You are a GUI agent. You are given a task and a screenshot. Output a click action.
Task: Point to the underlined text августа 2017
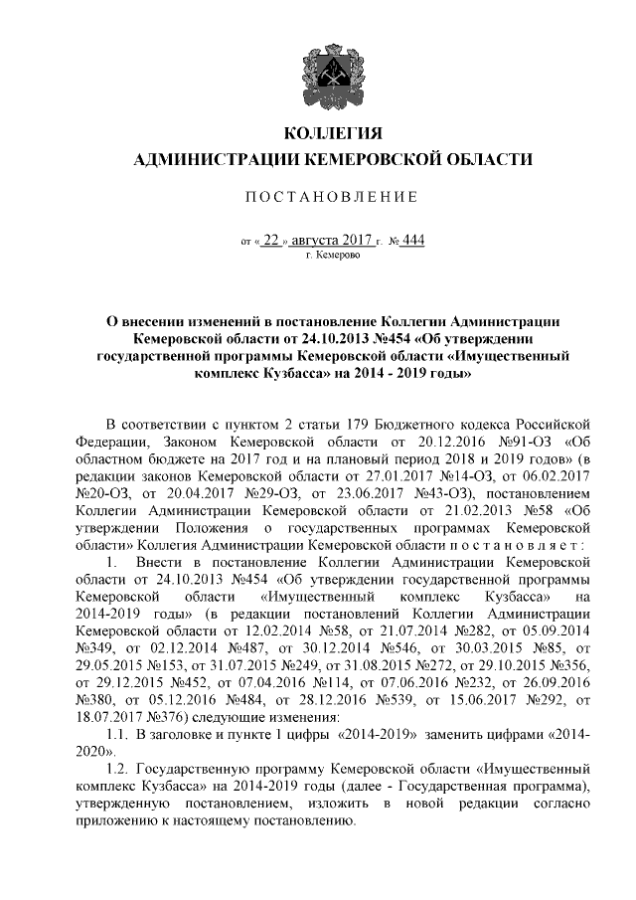coord(332,240)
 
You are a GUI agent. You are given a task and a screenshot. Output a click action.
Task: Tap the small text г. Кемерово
coord(333,256)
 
